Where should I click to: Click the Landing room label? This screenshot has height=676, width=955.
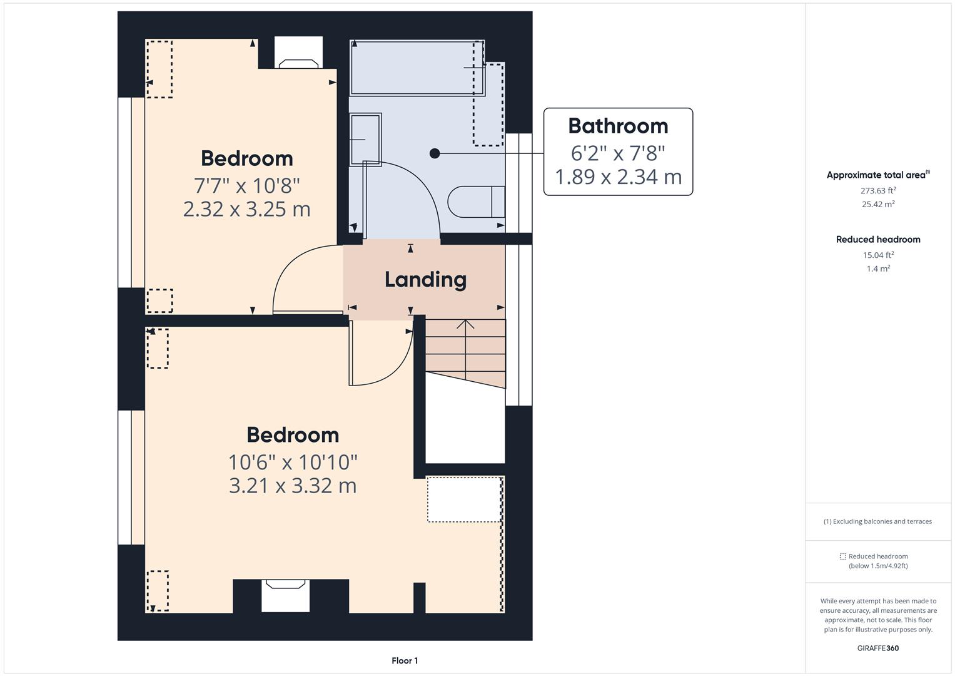[425, 280]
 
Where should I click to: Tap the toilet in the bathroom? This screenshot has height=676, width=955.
[475, 201]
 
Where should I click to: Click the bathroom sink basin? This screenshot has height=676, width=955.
[365, 139]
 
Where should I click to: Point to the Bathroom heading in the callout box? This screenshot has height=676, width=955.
[618, 126]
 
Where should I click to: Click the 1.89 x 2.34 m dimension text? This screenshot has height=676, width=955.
[618, 177]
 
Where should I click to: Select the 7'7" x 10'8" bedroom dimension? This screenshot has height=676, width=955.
[246, 185]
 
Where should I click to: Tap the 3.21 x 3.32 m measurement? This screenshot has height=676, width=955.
[293, 486]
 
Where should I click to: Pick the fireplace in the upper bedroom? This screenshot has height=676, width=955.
[298, 63]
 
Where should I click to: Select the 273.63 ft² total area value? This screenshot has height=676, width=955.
[878, 191]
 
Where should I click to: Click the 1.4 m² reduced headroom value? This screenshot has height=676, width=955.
[878, 269]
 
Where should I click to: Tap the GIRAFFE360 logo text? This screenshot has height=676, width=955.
[877, 648]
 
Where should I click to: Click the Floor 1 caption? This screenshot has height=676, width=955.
[405, 660]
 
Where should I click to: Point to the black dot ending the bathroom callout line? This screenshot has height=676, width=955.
[435, 153]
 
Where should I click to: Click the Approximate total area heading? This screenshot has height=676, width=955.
[877, 175]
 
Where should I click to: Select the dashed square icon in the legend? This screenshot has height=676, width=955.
[842, 556]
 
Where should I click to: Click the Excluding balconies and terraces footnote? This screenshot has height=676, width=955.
[877, 521]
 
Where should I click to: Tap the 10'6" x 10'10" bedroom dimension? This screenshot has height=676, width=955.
[293, 462]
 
